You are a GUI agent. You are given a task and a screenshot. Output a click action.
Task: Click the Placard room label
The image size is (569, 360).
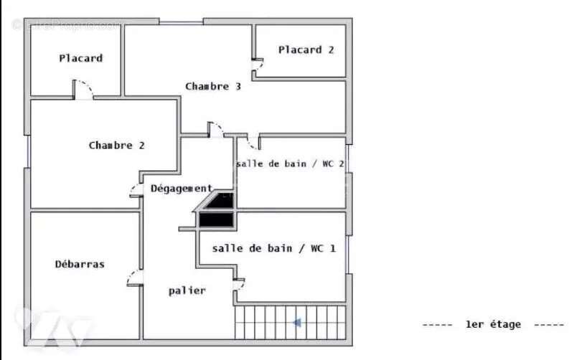(80, 58)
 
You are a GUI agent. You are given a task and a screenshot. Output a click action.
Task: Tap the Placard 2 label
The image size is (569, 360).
(306, 49)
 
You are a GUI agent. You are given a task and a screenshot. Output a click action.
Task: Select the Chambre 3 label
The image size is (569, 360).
(212, 86)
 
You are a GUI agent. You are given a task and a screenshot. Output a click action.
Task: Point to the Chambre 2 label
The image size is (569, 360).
(116, 145)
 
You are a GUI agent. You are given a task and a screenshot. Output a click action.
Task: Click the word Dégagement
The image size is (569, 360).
(181, 188)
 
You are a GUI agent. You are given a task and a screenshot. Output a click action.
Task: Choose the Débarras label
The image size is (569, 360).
(80, 264)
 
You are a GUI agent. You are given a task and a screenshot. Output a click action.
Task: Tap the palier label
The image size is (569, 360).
(187, 290)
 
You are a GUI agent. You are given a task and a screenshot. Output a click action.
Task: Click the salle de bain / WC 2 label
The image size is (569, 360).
(290, 164)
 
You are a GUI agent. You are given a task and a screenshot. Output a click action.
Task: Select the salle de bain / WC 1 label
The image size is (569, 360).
(273, 248)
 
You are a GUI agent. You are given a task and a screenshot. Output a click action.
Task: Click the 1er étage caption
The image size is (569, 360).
(493, 325)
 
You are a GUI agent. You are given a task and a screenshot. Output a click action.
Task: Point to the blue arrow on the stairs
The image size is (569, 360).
(296, 323)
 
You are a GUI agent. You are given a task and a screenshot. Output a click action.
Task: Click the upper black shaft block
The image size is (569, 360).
(220, 202)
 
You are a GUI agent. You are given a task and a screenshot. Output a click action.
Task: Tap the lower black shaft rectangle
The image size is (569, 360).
(216, 220)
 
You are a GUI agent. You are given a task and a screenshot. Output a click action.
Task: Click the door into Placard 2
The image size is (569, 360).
(257, 65)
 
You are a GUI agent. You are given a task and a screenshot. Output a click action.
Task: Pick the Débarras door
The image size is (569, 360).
(134, 278)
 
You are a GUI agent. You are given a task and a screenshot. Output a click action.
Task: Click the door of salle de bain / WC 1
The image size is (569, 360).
(239, 283)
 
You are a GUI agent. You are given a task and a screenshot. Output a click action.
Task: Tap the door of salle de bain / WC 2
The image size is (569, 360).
(253, 141)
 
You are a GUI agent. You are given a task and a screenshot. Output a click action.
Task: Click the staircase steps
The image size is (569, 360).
(290, 322)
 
